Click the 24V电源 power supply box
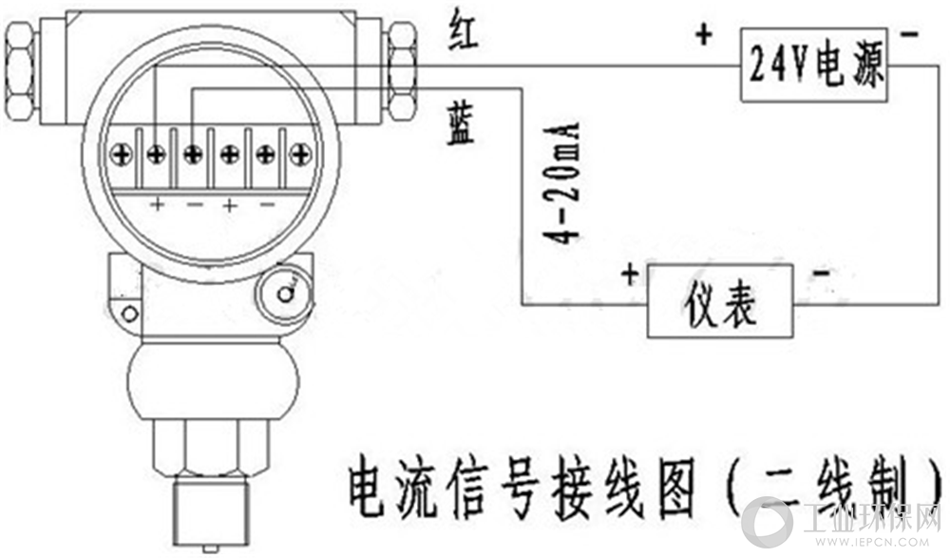(x=815, y=65)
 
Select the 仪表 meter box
(x=720, y=301)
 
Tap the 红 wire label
(x=465, y=31)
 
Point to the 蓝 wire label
(x=461, y=125)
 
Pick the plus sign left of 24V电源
(x=704, y=34)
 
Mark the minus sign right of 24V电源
(x=909, y=34)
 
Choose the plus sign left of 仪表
(x=630, y=274)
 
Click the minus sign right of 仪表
(x=821, y=274)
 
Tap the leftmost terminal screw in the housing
(x=122, y=155)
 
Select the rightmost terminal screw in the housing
(x=300, y=155)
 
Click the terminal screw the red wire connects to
(x=157, y=155)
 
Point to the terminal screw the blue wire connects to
(x=193, y=155)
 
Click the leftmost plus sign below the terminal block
(x=158, y=204)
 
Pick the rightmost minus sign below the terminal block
(x=267, y=205)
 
